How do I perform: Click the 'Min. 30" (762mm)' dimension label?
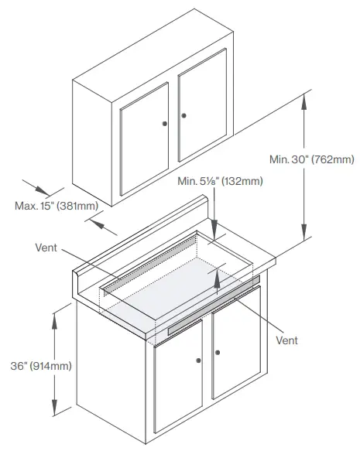click(311, 159)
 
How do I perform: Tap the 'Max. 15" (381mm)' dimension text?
click(55, 206)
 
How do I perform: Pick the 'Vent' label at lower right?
click(286, 340)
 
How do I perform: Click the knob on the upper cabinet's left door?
click(165, 123)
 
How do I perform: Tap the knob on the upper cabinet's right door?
click(184, 116)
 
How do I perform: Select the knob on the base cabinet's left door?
click(199, 360)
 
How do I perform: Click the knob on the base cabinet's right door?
click(218, 353)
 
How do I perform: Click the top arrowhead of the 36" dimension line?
click(55, 312)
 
